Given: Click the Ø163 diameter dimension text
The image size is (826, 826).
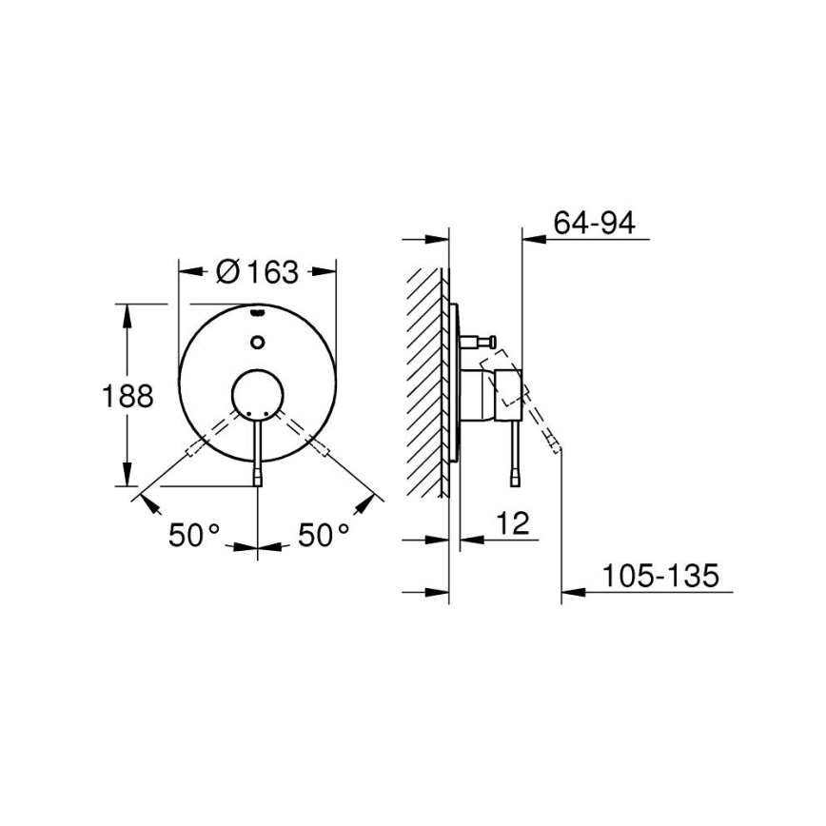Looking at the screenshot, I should pyautogui.click(x=257, y=272).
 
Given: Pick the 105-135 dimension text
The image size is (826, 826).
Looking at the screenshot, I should pyautogui.click(x=659, y=577).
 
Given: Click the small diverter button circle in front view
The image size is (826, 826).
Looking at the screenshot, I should pyautogui.click(x=258, y=342).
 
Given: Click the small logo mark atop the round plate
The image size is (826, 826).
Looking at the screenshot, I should pyautogui.click(x=258, y=312).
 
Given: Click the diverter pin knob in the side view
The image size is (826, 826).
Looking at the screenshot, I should pyautogui.click(x=494, y=340).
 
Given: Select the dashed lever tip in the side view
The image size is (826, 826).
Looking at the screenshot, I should pyautogui.click(x=556, y=443).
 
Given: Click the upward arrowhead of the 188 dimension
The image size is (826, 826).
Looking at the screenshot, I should pyautogui.click(x=127, y=310).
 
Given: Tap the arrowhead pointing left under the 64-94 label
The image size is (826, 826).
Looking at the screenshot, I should pyautogui.click(x=531, y=239).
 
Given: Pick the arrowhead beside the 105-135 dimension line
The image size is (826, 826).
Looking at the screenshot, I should pyautogui.click(x=571, y=594).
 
